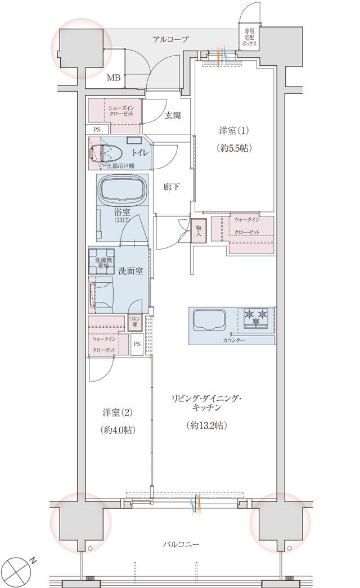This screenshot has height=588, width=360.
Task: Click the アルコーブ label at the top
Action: pyautogui.click(x=170, y=39)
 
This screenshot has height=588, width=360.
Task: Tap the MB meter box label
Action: pyautogui.click(x=114, y=78)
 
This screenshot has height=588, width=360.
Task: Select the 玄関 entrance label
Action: pyautogui.click(x=173, y=116)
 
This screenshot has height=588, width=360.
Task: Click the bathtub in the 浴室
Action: pyautogui.click(x=123, y=190)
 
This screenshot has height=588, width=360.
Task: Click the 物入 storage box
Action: pyautogui.click(x=199, y=230)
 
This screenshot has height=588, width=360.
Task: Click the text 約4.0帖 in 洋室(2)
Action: pyautogui.click(x=118, y=429)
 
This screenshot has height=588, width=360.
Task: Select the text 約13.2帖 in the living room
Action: pyautogui.click(x=206, y=426)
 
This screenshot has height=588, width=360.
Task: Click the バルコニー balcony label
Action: pyautogui.click(x=181, y=544)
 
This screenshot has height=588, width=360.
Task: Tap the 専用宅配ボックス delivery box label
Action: pyautogui.click(x=250, y=37)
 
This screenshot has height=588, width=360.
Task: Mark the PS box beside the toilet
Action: pyautogui.click(x=97, y=129)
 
